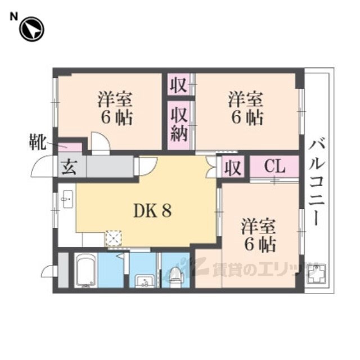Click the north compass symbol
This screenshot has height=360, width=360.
click(x=31, y=29)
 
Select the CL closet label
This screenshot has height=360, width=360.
click(x=274, y=167)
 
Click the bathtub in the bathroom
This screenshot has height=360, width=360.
click(x=86, y=271)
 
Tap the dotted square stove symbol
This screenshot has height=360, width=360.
click(x=113, y=238)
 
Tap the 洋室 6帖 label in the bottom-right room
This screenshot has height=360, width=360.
click(x=259, y=236)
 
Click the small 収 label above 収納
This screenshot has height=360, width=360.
click(x=178, y=87)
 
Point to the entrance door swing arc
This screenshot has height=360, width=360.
click(x=43, y=166)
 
